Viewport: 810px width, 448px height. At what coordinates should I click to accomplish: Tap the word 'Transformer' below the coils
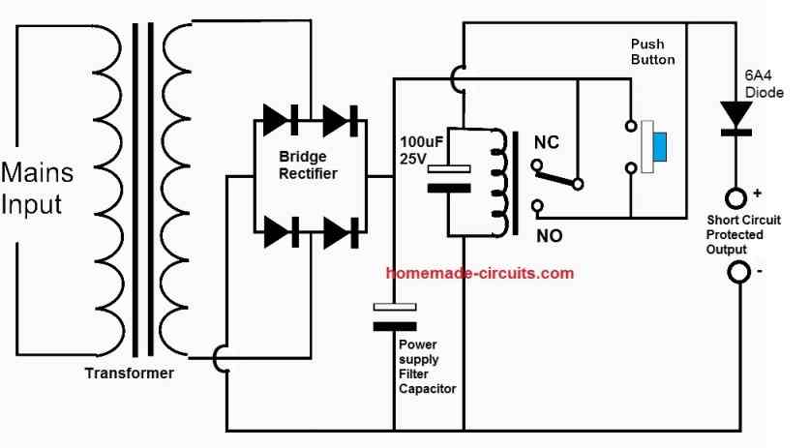(129, 373)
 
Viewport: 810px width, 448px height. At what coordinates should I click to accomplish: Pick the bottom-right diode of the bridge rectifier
(341, 231)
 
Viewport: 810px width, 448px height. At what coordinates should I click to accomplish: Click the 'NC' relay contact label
(548, 140)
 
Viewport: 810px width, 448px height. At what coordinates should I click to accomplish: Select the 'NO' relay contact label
(547, 233)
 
